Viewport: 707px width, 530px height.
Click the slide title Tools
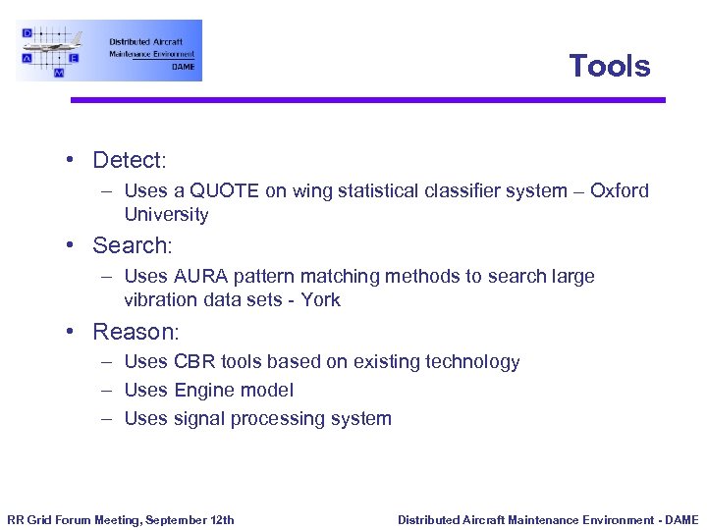[x=609, y=66]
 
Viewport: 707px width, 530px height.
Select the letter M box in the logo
[x=59, y=73]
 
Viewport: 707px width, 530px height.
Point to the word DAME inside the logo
[x=183, y=67]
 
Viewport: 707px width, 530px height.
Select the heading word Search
[x=132, y=245]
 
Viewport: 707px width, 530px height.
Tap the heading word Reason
[x=135, y=332]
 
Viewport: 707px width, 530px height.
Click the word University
[x=166, y=214]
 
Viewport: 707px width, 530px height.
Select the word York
[x=320, y=300]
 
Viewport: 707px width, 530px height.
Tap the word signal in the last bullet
[x=199, y=419]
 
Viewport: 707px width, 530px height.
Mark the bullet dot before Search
[x=72, y=245]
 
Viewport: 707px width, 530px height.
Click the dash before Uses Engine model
[x=104, y=391]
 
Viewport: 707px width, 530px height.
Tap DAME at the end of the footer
[x=680, y=520]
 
